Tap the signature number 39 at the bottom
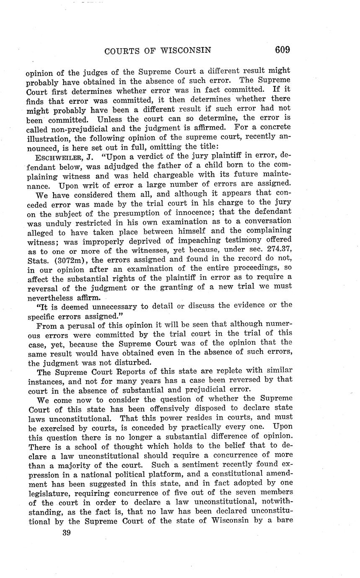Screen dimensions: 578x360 [x=65, y=532]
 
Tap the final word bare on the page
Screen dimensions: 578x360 [x=282, y=521]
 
